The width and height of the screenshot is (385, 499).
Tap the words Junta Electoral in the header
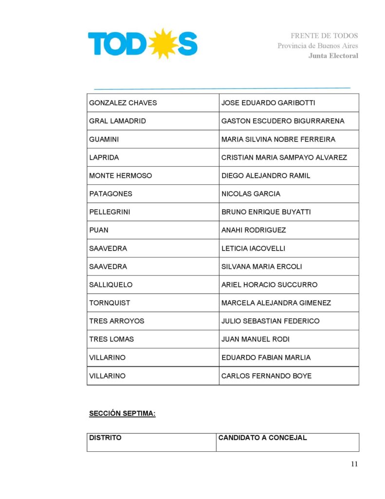click(333, 56)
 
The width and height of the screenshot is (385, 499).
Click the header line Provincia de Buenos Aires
click(318, 46)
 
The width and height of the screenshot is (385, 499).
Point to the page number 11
click(354, 464)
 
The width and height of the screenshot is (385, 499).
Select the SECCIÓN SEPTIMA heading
click(122, 414)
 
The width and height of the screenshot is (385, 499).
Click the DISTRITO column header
click(105, 438)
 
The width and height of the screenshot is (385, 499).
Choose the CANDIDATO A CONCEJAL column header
click(262, 438)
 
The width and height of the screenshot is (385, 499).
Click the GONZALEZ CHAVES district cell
click(123, 103)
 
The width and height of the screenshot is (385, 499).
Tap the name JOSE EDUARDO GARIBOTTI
click(268, 103)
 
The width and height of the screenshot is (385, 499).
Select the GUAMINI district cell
click(104, 139)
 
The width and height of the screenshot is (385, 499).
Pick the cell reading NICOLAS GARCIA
click(251, 193)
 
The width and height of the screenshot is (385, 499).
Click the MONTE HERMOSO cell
click(120, 175)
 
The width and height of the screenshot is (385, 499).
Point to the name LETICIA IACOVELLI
click(253, 248)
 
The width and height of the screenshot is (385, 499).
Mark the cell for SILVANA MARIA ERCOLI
click(261, 267)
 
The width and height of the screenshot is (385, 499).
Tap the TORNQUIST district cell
click(110, 303)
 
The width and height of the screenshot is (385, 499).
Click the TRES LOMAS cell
click(111, 339)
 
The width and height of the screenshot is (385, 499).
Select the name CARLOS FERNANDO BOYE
click(266, 376)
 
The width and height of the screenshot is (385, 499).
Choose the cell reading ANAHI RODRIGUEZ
click(254, 230)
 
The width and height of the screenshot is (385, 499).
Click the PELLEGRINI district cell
click(110, 212)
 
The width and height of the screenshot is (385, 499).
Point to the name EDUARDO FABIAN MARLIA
click(266, 357)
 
